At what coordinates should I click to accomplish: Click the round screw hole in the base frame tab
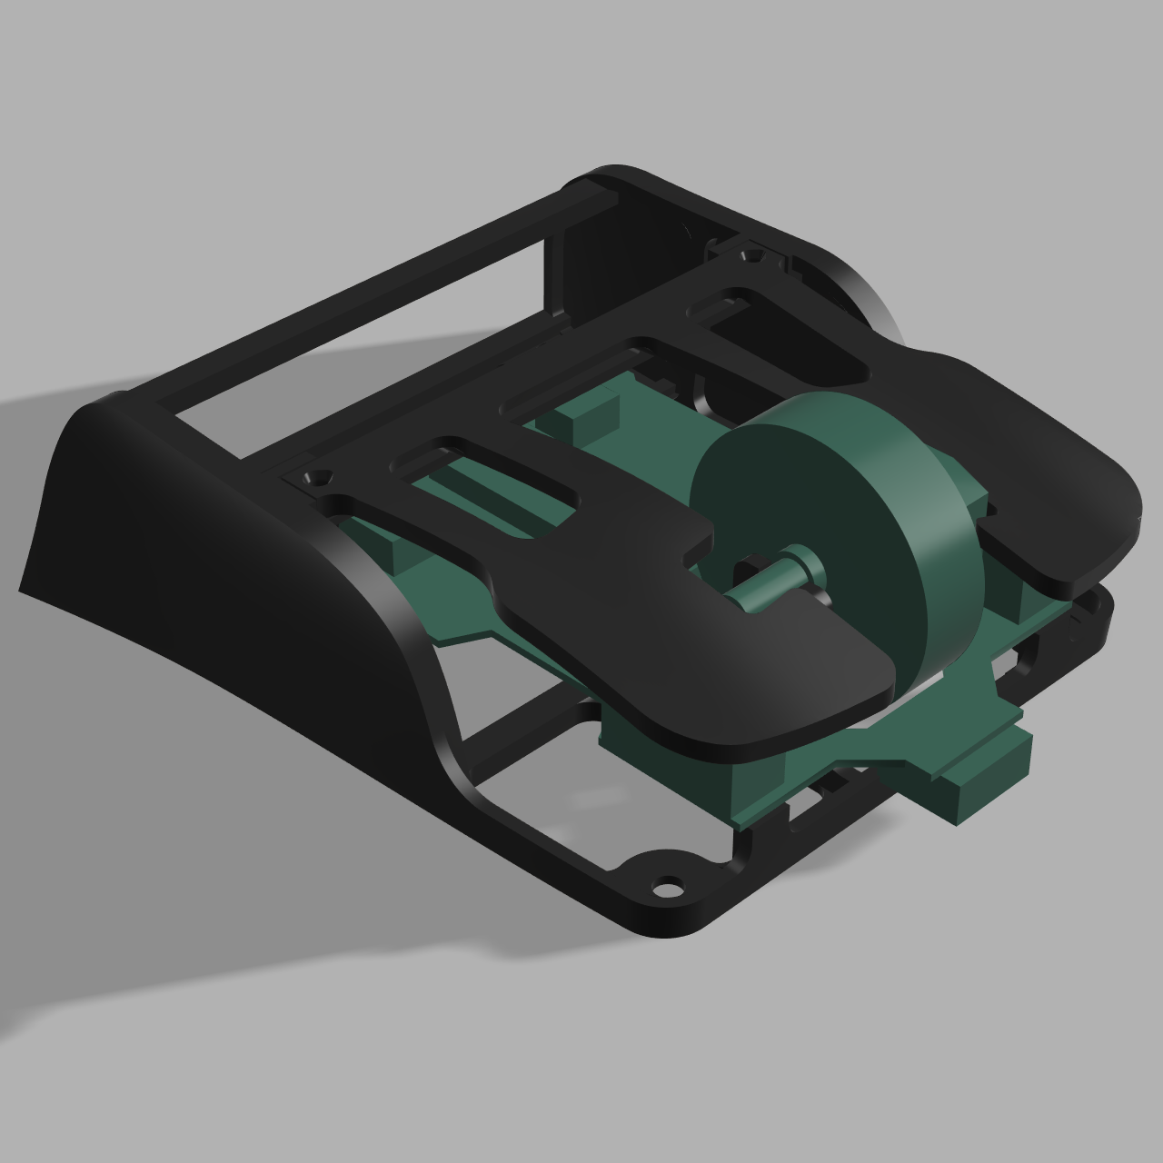point(668,884)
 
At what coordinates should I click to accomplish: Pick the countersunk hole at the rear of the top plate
point(751,255)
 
